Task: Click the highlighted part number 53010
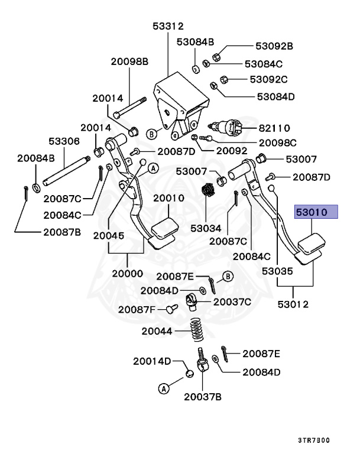(316, 212)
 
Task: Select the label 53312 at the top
(168, 26)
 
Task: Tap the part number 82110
(274, 128)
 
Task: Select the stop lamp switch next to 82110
(228, 127)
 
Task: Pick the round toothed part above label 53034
(207, 191)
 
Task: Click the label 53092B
(274, 46)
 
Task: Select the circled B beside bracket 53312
(151, 133)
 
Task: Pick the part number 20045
(108, 235)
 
